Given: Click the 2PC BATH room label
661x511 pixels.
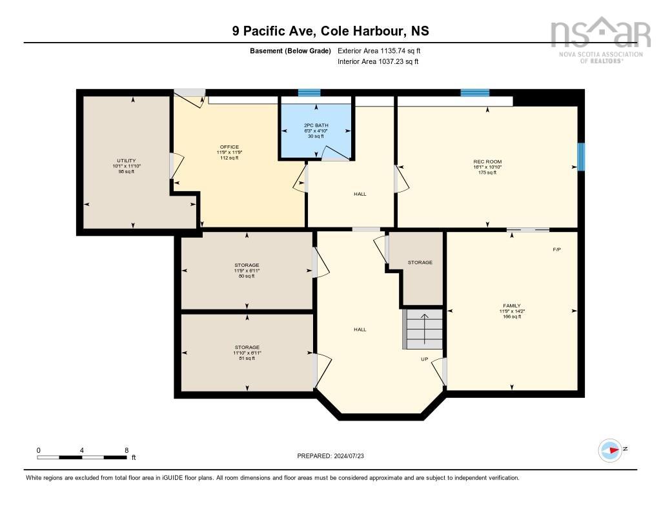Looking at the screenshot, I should (x=316, y=125).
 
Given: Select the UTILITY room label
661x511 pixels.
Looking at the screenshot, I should (x=126, y=161).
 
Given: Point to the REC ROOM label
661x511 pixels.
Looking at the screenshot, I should (x=487, y=162).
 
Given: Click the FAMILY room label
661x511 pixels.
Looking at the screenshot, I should (x=512, y=306).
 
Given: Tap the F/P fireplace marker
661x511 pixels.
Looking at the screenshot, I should (x=556, y=249).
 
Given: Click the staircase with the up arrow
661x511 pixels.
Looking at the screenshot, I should (x=423, y=329).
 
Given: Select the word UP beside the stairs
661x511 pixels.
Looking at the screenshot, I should (x=424, y=359).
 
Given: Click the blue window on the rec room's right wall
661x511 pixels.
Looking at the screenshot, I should (x=581, y=157).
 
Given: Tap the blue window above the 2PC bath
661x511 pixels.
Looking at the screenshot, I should (x=309, y=93).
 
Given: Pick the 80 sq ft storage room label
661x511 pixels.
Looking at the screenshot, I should (x=247, y=266).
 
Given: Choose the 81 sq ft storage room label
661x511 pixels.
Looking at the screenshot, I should (x=247, y=348).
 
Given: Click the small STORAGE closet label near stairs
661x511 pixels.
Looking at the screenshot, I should (x=420, y=262).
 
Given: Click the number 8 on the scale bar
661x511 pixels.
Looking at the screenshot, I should (x=127, y=450).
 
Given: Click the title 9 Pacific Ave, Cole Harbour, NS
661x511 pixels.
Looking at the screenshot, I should (x=330, y=30).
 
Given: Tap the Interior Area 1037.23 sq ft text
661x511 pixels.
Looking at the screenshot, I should (x=378, y=62).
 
